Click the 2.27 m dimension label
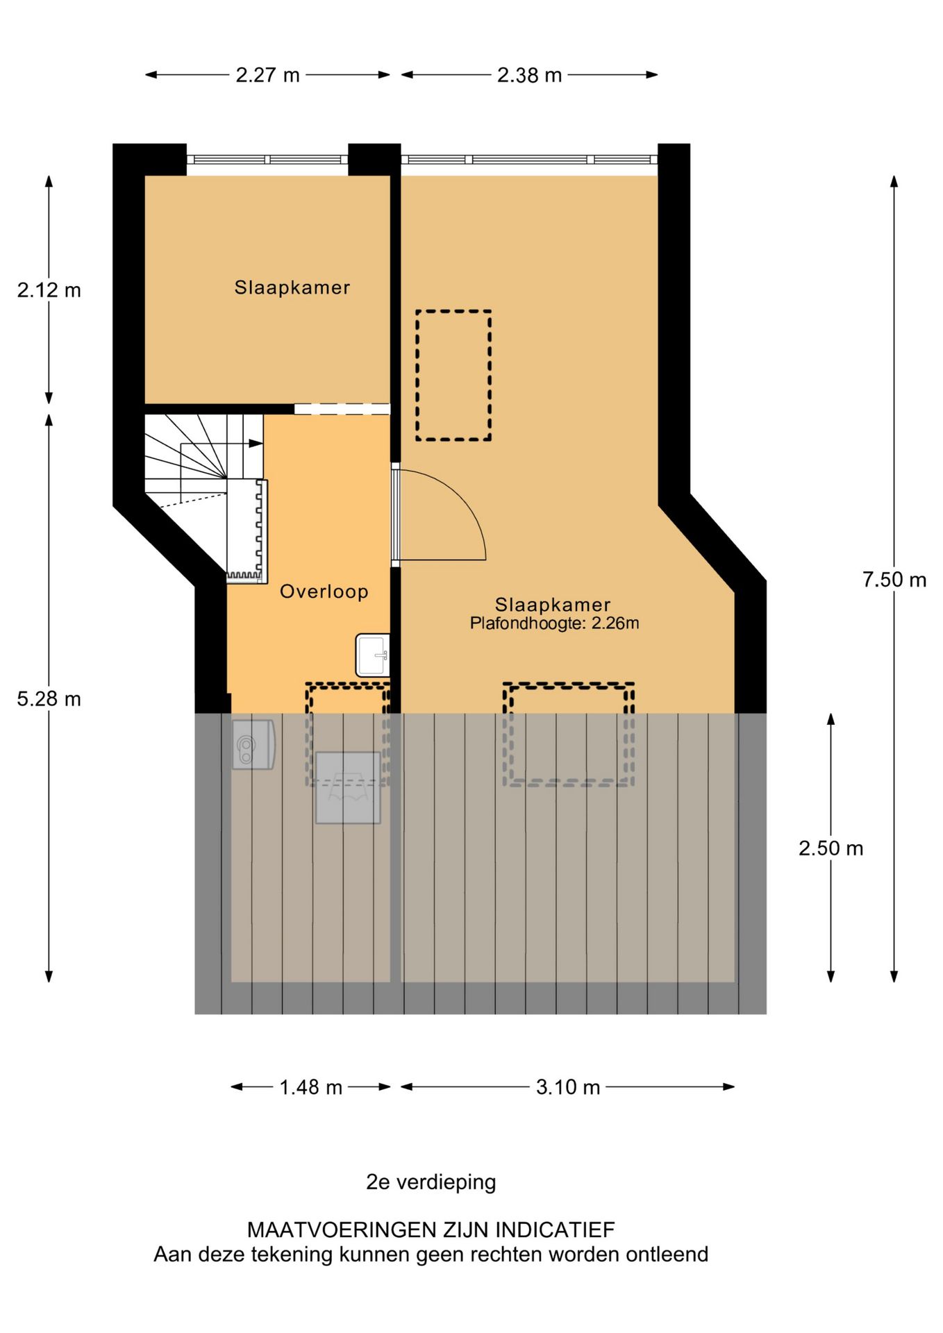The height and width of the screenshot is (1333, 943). click(267, 75)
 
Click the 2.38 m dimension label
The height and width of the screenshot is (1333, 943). click(529, 75)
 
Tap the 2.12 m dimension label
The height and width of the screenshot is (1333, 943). click(49, 290)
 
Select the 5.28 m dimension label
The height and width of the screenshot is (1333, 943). click(49, 699)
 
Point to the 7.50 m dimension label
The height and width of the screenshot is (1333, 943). click(894, 580)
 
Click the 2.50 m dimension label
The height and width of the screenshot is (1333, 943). click(831, 848)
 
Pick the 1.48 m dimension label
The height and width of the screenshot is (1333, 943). click(311, 1087)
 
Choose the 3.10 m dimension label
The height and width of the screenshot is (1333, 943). click(568, 1087)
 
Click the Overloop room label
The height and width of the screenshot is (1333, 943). click(324, 592)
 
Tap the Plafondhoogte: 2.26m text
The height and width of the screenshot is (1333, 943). click(555, 623)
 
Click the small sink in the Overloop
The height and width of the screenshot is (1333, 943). click(373, 655)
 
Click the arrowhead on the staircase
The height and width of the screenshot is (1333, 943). click(256, 443)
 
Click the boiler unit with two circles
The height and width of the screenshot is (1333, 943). click(253, 744)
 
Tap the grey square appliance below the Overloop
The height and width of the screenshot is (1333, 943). click(348, 788)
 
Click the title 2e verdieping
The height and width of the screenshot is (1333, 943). click(431, 1182)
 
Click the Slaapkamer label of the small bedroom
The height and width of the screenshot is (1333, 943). click(292, 287)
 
